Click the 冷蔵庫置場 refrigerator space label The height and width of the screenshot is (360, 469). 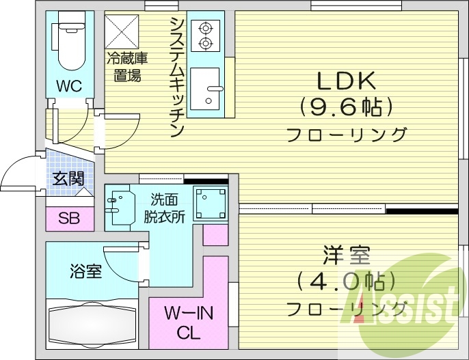pyautogui.click(x=127, y=66)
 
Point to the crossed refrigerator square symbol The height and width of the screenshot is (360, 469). pyautogui.click(x=121, y=31)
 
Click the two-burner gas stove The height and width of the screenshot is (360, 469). pyautogui.click(x=203, y=36)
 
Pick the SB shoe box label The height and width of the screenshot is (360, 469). pyautogui.click(x=68, y=219)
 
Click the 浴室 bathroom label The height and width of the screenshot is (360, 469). pyautogui.click(x=86, y=272)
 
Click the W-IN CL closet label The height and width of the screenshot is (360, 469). pyautogui.click(x=188, y=323)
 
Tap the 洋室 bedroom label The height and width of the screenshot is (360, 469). pyautogui.click(x=346, y=258)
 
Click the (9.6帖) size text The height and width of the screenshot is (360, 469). pyautogui.click(x=346, y=106)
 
